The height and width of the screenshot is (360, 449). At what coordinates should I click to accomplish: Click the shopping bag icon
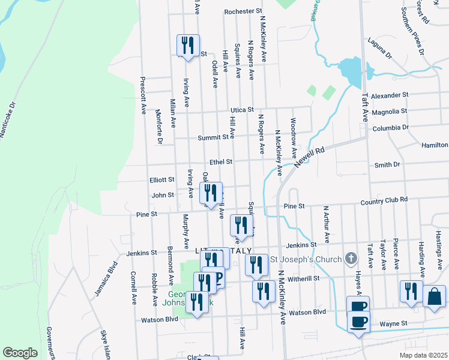434,296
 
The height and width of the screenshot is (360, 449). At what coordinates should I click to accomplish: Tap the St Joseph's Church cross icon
352,260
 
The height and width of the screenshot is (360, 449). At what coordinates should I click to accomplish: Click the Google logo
20,352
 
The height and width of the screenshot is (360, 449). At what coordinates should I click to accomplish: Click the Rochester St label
243,11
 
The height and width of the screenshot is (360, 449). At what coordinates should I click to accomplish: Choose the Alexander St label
389,95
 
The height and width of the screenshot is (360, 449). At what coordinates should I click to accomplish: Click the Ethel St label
220,162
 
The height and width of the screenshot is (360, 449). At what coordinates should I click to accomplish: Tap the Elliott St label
162,179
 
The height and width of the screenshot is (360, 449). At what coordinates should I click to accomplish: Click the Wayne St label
395,323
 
